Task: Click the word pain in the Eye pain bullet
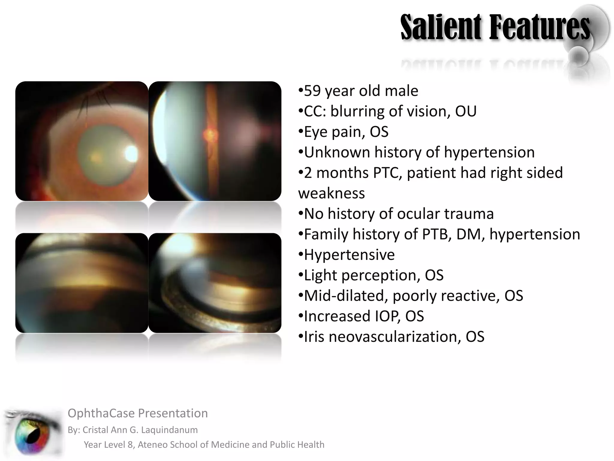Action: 348,132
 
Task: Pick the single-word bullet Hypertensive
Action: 349,255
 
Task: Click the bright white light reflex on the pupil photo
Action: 131,154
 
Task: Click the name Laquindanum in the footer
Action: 169,430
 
